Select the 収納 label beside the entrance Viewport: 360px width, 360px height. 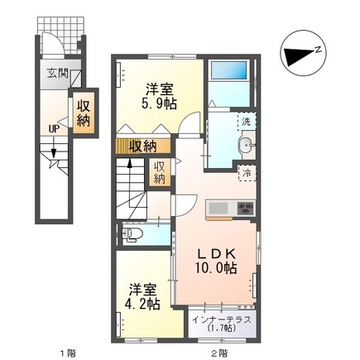tap(84, 113)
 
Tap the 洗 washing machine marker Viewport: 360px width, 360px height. tap(247, 122)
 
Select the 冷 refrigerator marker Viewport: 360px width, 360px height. tap(247, 172)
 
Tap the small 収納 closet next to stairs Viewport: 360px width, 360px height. tap(159, 172)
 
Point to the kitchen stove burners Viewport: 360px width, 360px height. tap(245, 208)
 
